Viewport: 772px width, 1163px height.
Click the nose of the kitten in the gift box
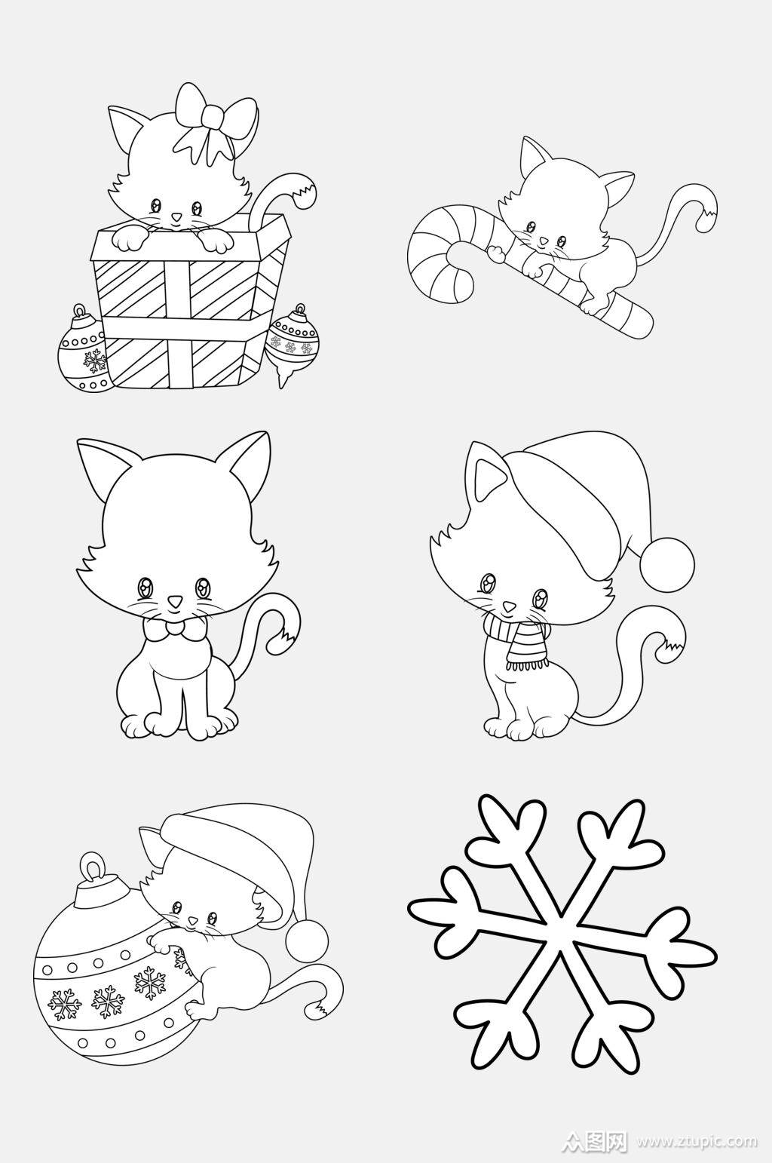pyautogui.click(x=176, y=216)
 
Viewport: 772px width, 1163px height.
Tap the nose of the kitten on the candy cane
pyautogui.click(x=543, y=241)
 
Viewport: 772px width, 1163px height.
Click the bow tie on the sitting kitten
pyautogui.click(x=176, y=628)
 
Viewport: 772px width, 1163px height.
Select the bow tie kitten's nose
pyautogui.click(x=176, y=601)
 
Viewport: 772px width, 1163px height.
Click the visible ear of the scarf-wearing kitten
pyautogui.click(x=484, y=469)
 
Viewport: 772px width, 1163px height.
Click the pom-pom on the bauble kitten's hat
pyautogui.click(x=307, y=941)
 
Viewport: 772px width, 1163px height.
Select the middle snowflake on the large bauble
pyautogui.click(x=109, y=998)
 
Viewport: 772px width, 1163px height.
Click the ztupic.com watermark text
pyautogui.click(x=698, y=1140)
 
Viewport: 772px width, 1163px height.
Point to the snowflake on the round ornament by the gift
pyautogui.click(x=95, y=361)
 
